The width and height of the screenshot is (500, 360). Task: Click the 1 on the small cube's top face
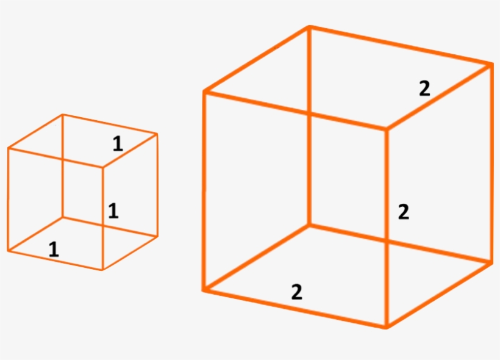pyautogui.click(x=118, y=143)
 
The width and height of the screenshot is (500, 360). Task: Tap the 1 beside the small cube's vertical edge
pyautogui.click(x=113, y=211)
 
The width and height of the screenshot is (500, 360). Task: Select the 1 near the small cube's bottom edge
pyautogui.click(x=54, y=250)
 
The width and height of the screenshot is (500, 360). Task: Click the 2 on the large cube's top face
pyautogui.click(x=424, y=88)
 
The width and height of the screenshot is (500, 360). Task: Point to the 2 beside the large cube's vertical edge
pyautogui.click(x=404, y=212)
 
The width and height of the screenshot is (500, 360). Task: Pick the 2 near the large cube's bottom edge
pyautogui.click(x=297, y=292)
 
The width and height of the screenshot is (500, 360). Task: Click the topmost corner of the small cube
pyautogui.click(x=63, y=114)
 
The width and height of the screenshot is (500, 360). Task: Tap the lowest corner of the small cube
pyautogui.click(x=102, y=270)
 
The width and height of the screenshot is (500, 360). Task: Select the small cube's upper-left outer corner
pyautogui.click(x=9, y=148)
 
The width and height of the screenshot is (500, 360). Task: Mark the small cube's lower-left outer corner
pyautogui.click(x=8, y=251)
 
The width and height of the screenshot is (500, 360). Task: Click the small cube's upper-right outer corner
pyautogui.click(x=157, y=134)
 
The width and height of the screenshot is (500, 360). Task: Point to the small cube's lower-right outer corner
pyautogui.click(x=157, y=237)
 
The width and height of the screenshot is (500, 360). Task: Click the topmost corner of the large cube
pyautogui.click(x=309, y=27)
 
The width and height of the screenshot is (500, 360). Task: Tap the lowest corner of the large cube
pyautogui.click(x=386, y=327)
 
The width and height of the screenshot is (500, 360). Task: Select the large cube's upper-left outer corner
pyautogui.click(x=205, y=92)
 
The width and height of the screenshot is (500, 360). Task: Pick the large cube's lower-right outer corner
pyautogui.click(x=491, y=263)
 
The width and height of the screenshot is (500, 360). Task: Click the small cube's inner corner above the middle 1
pyautogui.click(x=102, y=167)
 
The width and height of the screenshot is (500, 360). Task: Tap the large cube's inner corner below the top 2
pyautogui.click(x=387, y=129)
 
